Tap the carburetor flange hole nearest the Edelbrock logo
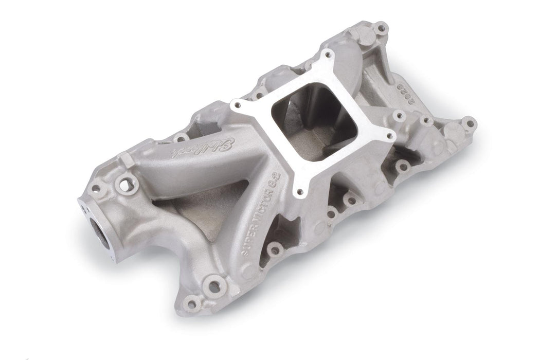[237, 105]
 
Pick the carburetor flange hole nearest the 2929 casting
[391, 136]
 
